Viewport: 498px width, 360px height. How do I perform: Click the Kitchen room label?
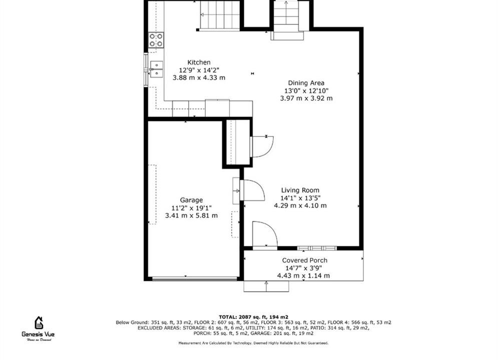(x=199, y=62)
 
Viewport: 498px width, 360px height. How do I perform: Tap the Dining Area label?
(x=306, y=83)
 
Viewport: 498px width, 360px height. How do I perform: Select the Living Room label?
(x=300, y=190)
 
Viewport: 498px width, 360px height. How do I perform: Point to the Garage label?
(x=191, y=200)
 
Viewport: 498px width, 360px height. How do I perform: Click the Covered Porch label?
(x=305, y=260)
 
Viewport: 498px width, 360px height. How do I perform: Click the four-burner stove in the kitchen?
(x=156, y=40)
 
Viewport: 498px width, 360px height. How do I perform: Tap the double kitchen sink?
(x=156, y=69)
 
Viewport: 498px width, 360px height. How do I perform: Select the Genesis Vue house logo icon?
(x=39, y=322)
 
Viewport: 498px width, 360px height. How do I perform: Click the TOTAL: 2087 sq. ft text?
(x=253, y=317)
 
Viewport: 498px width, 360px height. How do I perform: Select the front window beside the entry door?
(x=317, y=248)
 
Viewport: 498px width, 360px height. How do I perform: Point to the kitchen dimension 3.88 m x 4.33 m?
(x=199, y=77)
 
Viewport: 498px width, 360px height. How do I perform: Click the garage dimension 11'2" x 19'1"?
(x=192, y=208)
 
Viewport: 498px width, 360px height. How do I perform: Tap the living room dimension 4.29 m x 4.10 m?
(x=300, y=205)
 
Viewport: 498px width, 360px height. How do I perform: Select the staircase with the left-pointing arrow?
(x=220, y=15)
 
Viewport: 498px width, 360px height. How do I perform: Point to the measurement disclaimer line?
(x=253, y=343)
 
